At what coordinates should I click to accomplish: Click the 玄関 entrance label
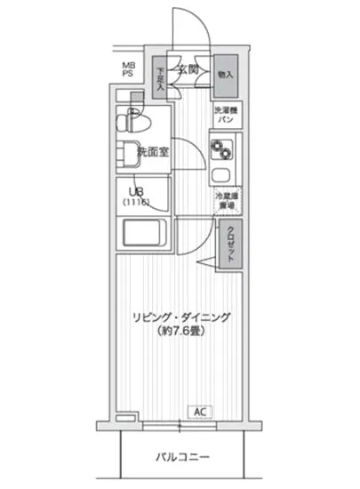[x=188, y=69]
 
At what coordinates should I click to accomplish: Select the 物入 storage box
[x=226, y=75]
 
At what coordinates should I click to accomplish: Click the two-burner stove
[x=220, y=148]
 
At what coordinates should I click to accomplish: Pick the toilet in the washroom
[x=134, y=120]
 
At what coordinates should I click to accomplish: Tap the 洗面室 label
[x=152, y=152]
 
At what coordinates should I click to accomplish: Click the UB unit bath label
[x=138, y=192]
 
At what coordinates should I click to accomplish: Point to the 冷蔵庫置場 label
[x=224, y=199]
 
